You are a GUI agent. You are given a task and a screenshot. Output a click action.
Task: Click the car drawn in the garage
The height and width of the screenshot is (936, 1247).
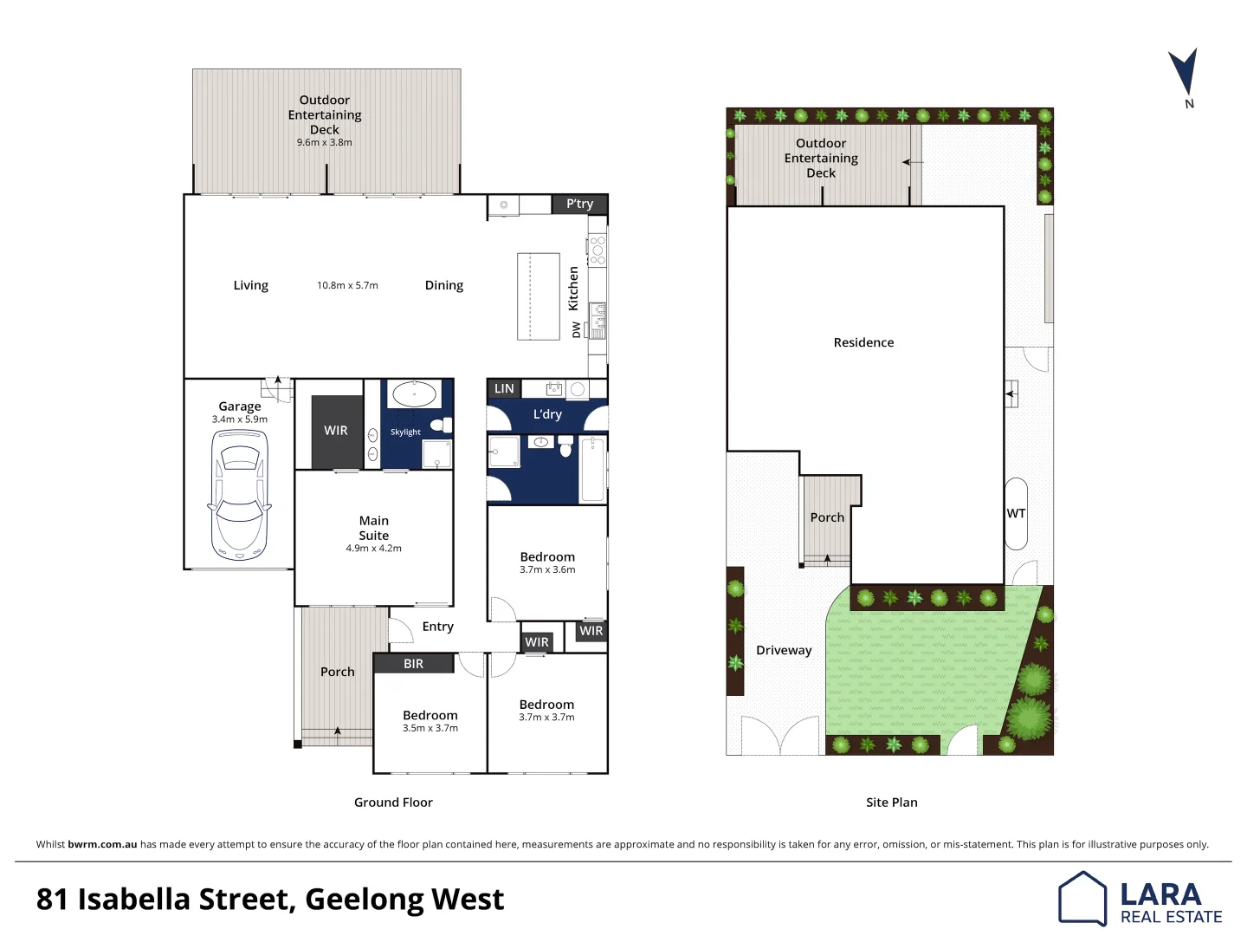[x=239, y=495]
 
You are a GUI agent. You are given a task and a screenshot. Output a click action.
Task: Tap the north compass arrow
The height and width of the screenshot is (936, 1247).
[x=1184, y=73]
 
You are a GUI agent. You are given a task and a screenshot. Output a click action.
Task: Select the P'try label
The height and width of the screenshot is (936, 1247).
[x=579, y=204]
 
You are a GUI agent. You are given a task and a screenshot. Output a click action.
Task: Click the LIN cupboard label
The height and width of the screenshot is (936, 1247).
[x=504, y=389]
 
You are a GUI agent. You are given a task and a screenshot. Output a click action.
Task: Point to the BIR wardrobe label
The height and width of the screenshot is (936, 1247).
[x=413, y=664]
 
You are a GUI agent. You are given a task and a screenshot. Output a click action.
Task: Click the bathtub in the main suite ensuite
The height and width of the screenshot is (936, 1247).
[x=414, y=394]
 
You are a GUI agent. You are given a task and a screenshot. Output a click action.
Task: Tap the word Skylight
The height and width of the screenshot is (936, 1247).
[x=405, y=432]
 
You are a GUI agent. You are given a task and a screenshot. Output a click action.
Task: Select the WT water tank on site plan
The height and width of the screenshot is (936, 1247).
[x=1016, y=513]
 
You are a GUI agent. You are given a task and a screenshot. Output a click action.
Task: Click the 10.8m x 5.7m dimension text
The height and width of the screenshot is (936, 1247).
[x=347, y=285]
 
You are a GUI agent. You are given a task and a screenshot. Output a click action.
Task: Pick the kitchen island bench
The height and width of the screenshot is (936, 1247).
[x=538, y=296]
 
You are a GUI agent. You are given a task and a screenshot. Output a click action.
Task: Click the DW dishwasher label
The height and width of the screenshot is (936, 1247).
[x=577, y=329]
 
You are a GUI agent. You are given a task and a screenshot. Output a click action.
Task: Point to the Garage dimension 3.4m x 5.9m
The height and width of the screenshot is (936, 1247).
[x=240, y=419]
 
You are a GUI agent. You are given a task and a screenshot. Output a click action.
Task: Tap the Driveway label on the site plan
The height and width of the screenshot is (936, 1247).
[x=784, y=650]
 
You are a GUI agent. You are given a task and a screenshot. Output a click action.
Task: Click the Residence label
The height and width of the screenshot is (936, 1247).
[x=863, y=342]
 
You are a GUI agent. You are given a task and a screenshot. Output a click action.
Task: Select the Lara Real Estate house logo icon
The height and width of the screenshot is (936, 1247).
[x=1082, y=899]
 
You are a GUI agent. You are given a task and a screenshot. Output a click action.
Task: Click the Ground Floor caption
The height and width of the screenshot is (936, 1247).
[x=393, y=803]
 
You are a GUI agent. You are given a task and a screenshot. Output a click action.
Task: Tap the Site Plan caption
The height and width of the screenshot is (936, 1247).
[x=891, y=803]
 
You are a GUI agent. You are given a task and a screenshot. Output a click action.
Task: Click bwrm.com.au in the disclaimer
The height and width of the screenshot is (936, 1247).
[x=102, y=844]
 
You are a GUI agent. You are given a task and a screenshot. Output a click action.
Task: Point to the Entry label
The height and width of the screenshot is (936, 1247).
[x=437, y=627]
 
